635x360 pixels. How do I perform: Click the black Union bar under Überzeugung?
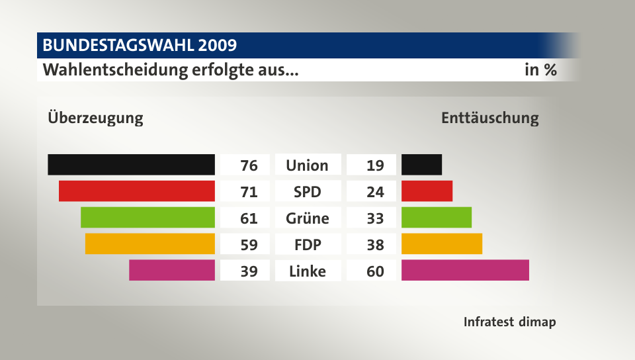pos(131,164)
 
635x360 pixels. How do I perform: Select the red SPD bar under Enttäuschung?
pos(427,191)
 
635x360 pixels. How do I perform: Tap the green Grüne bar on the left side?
pos(148,217)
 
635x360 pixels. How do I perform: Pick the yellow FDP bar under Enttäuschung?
pos(442,244)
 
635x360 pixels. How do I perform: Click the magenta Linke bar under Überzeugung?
pos(172,270)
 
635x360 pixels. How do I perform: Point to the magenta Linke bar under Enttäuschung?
pos(465,270)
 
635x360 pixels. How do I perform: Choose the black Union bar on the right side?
pos(421,164)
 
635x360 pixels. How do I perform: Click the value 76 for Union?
pos(249,165)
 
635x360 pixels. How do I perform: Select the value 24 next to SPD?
pos(375,191)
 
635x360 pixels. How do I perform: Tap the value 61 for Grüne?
pos(249,218)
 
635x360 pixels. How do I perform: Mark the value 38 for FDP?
pos(375,244)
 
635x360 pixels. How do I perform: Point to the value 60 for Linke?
pos(375,271)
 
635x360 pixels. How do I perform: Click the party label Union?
pos(307,165)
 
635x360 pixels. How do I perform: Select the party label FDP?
pos(307,244)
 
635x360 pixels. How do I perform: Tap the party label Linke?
pos(307,271)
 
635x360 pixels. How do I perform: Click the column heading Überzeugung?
pos(95,118)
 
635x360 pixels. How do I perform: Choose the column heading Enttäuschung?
pos(489,118)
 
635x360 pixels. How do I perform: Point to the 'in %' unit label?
pos(540,69)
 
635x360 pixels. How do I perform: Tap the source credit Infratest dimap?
pos(509,322)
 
